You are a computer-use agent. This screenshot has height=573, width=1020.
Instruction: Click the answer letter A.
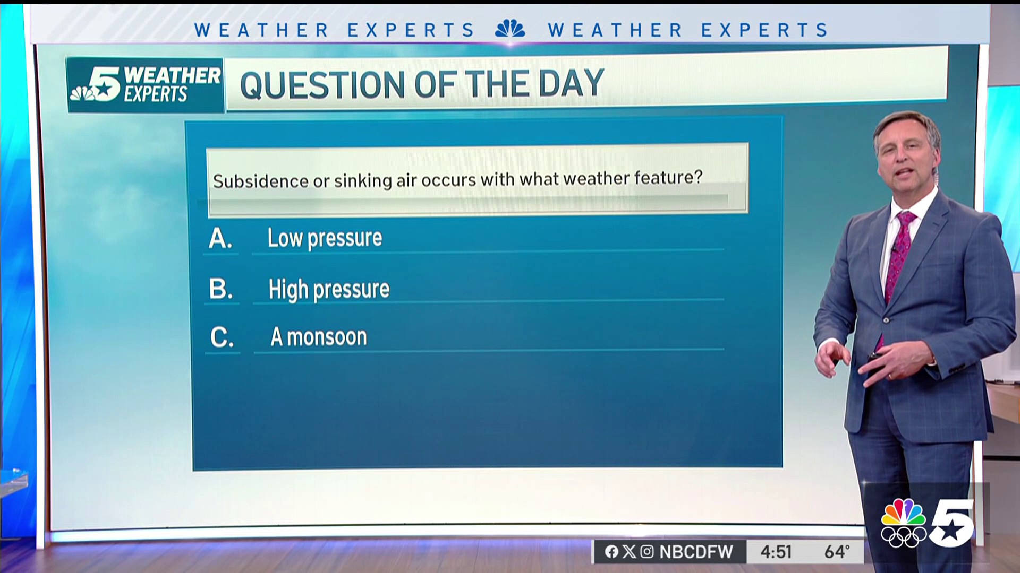point(220,239)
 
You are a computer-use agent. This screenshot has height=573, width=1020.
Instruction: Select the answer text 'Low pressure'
point(325,238)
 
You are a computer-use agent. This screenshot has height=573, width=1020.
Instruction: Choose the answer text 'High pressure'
point(329,290)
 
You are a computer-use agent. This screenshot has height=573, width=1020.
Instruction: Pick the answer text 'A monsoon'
point(319,337)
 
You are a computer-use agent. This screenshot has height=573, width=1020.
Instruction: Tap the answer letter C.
point(222,337)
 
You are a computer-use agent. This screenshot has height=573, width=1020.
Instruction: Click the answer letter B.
point(221,289)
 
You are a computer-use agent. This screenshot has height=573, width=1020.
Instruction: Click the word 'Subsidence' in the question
point(261,181)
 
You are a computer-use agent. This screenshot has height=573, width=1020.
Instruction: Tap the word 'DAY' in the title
point(571,83)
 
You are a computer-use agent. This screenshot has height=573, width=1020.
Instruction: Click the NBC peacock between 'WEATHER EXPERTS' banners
point(510,29)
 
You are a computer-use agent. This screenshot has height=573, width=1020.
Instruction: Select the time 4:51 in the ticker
point(776,552)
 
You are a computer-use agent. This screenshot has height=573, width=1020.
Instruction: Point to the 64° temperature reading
point(837,552)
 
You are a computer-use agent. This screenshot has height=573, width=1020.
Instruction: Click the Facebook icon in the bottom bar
point(611,552)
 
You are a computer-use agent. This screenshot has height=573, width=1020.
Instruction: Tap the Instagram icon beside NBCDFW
point(647,552)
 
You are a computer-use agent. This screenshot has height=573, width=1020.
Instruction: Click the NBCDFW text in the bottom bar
point(696,552)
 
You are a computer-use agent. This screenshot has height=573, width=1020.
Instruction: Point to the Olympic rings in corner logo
point(903,536)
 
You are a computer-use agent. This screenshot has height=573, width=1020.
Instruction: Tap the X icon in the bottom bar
point(629,552)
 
